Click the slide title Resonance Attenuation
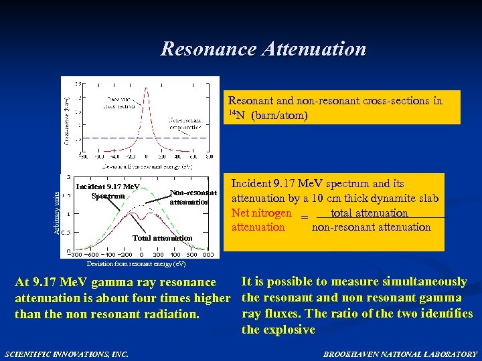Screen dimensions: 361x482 (x=263, y=49)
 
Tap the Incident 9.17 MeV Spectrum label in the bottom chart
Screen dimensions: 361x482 (x=107, y=191)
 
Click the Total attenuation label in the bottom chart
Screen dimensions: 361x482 (x=162, y=238)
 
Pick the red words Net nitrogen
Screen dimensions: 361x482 (x=262, y=213)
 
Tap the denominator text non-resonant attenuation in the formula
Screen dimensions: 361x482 (x=371, y=227)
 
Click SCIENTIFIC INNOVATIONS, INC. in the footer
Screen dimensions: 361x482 (x=66, y=354)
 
